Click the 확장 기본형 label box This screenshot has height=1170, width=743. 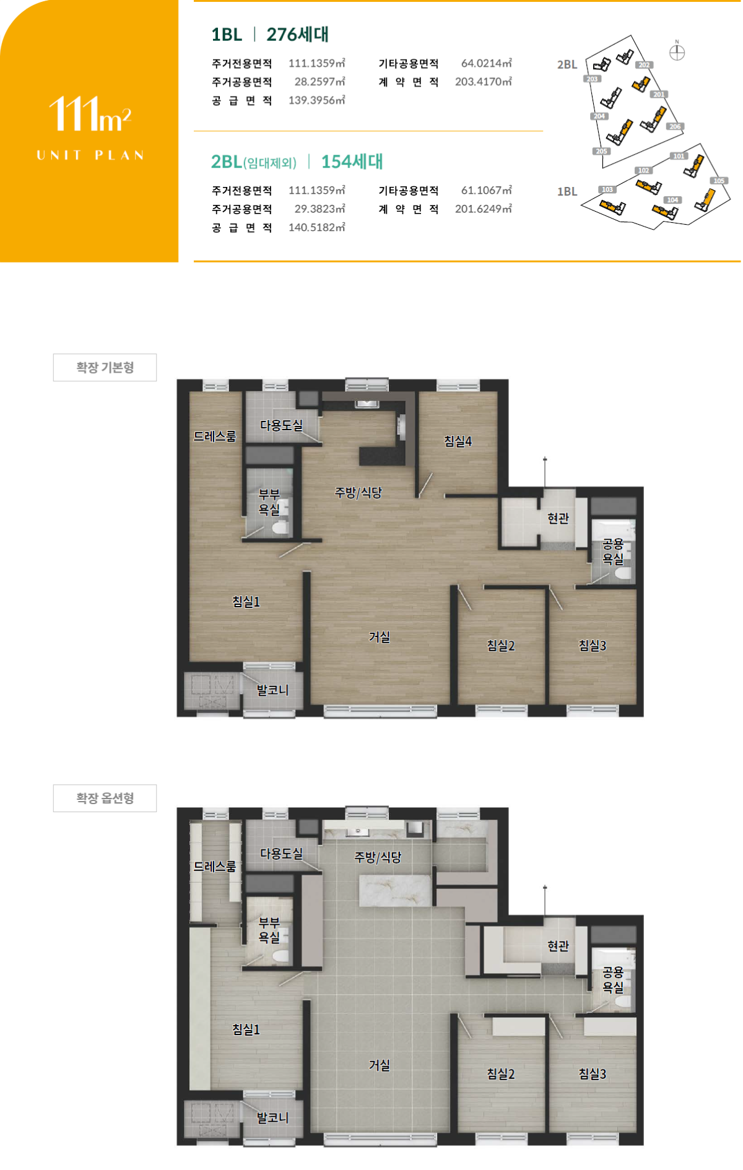point(105,367)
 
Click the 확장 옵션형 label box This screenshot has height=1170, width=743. point(105,798)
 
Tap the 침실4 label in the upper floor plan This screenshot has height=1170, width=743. point(458,441)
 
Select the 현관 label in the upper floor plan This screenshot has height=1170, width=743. point(558,518)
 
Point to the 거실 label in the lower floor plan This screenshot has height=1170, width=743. point(379,1065)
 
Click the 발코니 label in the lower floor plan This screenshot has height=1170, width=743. point(272,1117)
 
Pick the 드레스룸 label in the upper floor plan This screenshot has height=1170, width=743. point(215,436)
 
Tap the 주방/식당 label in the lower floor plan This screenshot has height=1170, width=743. point(378,857)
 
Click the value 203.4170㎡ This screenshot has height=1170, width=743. point(484,82)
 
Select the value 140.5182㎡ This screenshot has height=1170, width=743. point(317,227)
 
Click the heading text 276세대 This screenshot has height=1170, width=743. point(298,35)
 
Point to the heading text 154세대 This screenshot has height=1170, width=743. point(352,162)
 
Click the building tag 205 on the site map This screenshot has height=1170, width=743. point(601,151)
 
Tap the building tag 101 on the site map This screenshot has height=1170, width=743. point(679,156)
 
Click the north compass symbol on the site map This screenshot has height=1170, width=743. point(677,52)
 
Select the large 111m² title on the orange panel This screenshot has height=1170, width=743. point(90,114)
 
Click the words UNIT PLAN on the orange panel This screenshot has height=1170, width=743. point(90,155)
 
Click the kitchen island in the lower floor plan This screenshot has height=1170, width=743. point(395,890)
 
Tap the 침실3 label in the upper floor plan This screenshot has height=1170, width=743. point(592,645)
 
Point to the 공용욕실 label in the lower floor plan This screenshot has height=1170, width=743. point(613,979)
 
